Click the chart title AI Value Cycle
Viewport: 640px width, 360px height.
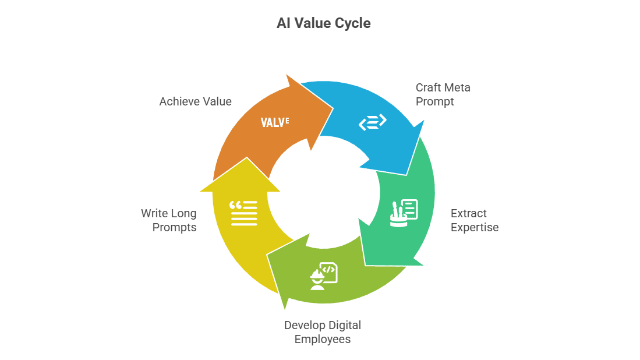point(323,24)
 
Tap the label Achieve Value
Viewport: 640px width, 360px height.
point(195,102)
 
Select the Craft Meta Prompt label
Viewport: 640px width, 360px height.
point(443,94)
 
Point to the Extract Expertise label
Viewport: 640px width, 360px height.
point(474,220)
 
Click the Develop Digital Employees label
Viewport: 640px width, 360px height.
point(323,332)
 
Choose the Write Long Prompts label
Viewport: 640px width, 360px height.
point(168,220)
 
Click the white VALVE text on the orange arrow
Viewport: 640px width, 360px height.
point(274,122)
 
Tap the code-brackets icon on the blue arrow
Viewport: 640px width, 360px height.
point(373,122)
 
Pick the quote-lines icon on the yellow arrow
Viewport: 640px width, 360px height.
point(243,213)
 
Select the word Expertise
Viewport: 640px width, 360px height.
point(474,227)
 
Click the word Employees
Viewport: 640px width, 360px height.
point(323,339)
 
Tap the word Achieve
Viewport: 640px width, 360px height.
point(178,102)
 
